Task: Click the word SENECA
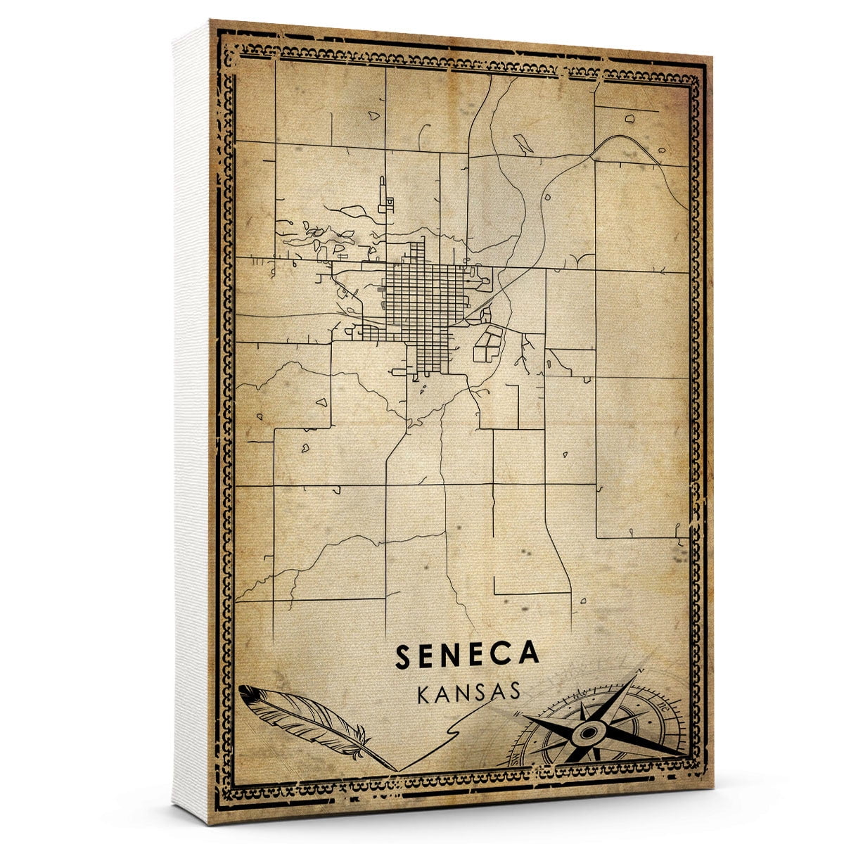[x=467, y=654]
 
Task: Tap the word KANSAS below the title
[x=468, y=692]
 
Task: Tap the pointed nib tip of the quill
[x=395, y=769]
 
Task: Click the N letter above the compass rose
[x=639, y=672]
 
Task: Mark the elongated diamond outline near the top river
[x=523, y=143]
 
